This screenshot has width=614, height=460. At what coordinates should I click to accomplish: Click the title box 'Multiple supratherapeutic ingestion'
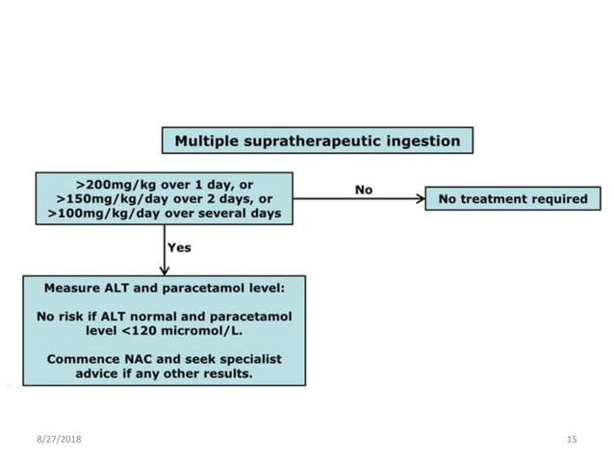click(318, 141)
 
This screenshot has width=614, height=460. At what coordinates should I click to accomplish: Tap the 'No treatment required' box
click(512, 199)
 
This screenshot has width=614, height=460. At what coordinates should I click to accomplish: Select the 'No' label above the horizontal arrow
click(363, 190)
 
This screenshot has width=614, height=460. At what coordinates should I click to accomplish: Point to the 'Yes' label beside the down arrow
click(179, 247)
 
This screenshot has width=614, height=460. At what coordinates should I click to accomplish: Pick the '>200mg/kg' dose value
click(112, 183)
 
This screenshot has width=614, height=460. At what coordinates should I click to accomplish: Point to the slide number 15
click(572, 439)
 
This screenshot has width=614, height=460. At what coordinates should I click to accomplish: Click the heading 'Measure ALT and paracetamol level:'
click(164, 288)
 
